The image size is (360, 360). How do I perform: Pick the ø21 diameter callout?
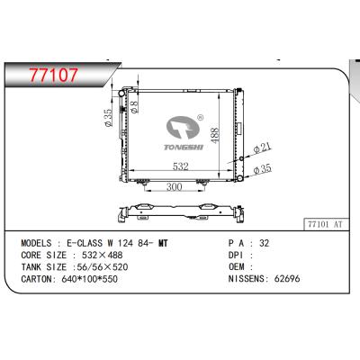(263, 146)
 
